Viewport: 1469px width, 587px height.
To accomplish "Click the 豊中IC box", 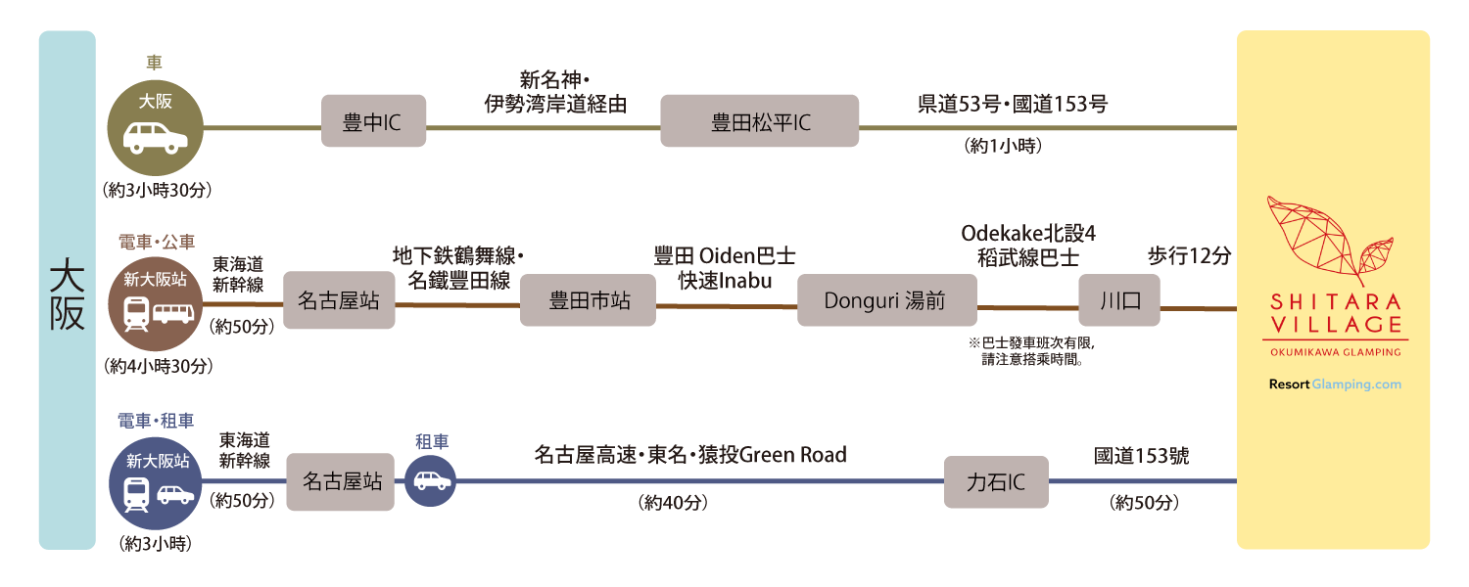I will [373, 121].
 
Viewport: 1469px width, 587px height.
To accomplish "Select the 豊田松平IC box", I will [759, 121].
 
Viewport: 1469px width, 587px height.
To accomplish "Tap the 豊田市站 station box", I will [588, 300].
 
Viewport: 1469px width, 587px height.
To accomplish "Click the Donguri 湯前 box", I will [886, 300].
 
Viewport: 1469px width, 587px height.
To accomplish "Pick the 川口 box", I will [1118, 300].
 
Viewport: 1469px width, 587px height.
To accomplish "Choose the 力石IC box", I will [995, 482].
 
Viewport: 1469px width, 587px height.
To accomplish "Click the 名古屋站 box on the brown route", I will [339, 300].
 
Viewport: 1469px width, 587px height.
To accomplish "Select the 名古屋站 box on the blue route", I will [340, 482].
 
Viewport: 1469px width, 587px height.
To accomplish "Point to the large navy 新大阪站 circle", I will [155, 483].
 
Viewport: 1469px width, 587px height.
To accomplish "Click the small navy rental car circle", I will [430, 481].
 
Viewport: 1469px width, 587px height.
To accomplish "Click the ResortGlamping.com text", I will [1334, 384].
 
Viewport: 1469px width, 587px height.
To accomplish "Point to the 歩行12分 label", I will [1189, 256].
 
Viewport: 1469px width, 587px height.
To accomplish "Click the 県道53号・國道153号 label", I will [1012, 104].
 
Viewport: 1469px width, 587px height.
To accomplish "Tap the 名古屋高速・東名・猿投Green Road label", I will [690, 455].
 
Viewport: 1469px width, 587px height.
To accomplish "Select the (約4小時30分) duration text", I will [157, 366].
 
